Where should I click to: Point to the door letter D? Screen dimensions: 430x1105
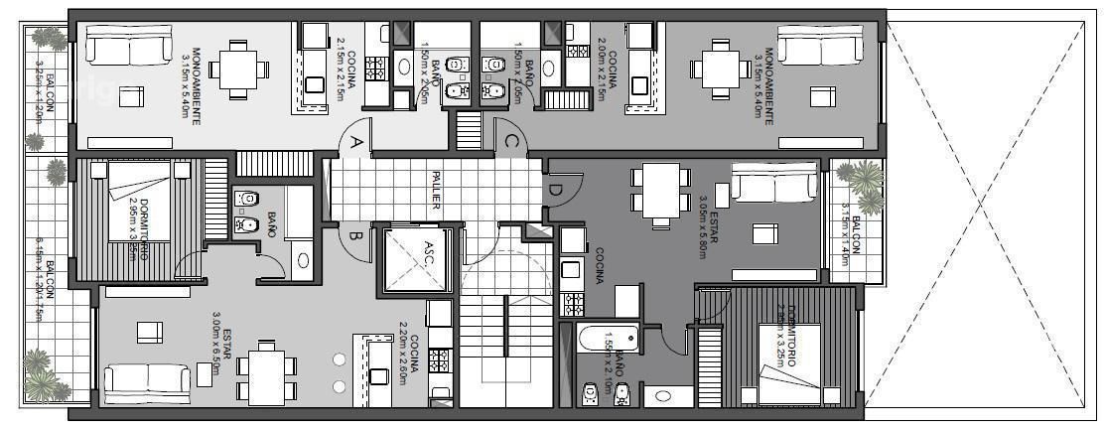click(x=554, y=190)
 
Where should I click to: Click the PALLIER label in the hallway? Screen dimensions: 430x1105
click(x=435, y=189)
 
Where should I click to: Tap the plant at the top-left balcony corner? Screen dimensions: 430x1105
click(x=44, y=39)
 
